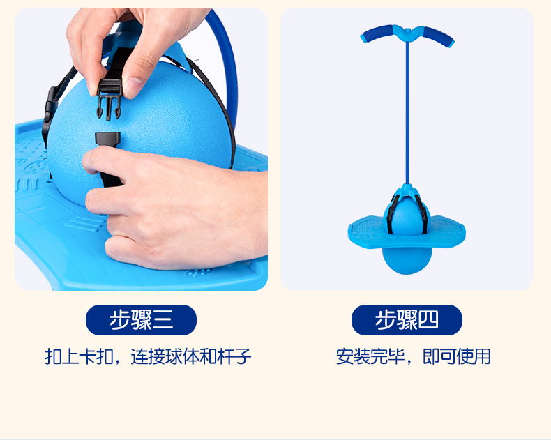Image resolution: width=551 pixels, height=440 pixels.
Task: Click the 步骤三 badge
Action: (x=141, y=320)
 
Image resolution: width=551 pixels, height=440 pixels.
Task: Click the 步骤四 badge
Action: (x=407, y=320)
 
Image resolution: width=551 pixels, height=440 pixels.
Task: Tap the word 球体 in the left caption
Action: (x=180, y=357)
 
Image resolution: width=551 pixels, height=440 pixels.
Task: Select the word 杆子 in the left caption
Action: (x=234, y=357)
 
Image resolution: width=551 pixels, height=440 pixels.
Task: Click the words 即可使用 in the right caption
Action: (x=457, y=357)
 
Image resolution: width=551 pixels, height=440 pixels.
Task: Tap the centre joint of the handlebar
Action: (x=407, y=31)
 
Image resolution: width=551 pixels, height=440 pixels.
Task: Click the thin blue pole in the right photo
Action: (x=407, y=112)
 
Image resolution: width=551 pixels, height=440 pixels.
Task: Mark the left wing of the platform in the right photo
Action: (x=366, y=227)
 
